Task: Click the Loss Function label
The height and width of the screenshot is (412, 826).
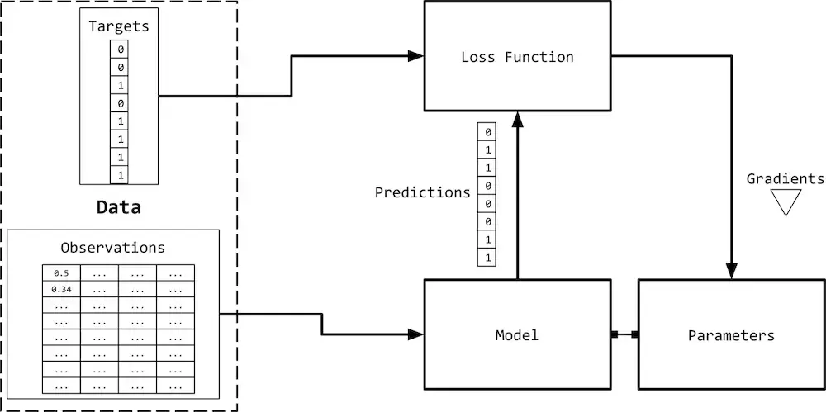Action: click(x=517, y=57)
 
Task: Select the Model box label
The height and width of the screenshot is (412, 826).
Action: click(x=517, y=335)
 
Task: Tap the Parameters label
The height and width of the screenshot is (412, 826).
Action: click(x=731, y=335)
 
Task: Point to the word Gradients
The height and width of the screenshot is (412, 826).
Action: click(x=785, y=178)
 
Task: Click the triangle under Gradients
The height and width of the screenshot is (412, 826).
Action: click(x=786, y=200)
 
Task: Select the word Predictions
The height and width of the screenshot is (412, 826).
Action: click(x=422, y=193)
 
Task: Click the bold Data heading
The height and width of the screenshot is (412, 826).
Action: click(x=118, y=207)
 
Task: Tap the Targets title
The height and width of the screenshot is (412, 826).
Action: click(x=119, y=26)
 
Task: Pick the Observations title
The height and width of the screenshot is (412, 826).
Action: click(x=112, y=248)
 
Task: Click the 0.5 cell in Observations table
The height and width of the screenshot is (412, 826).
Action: click(x=62, y=273)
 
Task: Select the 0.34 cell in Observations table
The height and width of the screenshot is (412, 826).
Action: click(x=62, y=289)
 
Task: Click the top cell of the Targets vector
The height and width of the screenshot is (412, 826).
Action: click(x=119, y=50)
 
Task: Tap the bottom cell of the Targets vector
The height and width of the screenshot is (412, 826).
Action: click(x=119, y=175)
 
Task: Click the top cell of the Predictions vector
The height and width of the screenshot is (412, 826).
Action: click(x=487, y=132)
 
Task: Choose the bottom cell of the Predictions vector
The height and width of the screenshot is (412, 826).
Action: click(x=487, y=258)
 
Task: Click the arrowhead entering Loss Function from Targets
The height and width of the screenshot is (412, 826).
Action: click(x=416, y=56)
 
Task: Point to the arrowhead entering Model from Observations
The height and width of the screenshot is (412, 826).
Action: click(x=416, y=334)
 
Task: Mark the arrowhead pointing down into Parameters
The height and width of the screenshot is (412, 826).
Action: click(x=731, y=271)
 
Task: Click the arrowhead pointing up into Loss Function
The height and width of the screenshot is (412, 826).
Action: click(x=518, y=119)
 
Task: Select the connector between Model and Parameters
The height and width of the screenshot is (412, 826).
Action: click(x=624, y=334)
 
